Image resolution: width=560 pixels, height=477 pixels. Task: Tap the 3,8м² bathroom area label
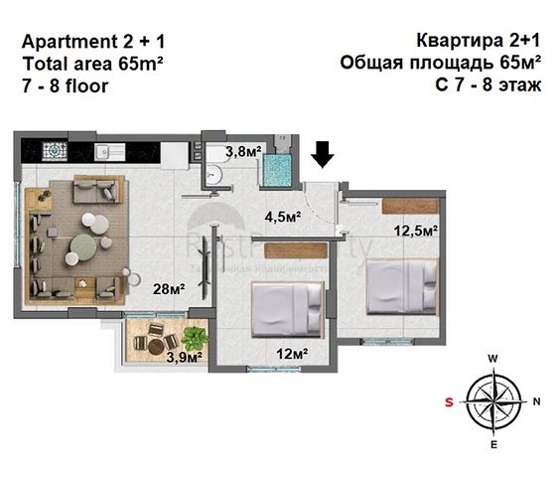pyautogui.click(x=241, y=152)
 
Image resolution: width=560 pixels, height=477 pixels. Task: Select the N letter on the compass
pyautogui.click(x=536, y=401)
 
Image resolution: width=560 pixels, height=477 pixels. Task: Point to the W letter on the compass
pyautogui.click(x=492, y=359)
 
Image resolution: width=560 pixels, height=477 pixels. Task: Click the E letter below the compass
pyautogui.click(x=492, y=445)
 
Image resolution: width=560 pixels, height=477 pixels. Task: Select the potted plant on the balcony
pyautogui.click(x=194, y=337)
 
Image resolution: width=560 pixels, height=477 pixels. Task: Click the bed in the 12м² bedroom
pyautogui.click(x=288, y=312)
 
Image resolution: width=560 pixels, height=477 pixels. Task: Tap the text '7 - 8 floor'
pyautogui.click(x=66, y=85)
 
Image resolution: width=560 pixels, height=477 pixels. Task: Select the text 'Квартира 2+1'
pyautogui.click(x=479, y=41)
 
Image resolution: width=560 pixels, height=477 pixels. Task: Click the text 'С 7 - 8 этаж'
pyautogui.click(x=487, y=85)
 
